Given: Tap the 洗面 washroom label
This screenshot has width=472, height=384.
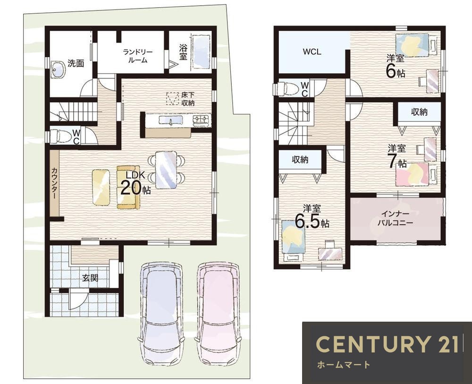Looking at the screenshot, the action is pos(76,64).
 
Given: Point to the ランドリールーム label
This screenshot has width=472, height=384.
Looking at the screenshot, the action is pos(137,56).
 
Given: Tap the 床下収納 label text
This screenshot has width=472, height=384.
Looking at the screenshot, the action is pos(188,99).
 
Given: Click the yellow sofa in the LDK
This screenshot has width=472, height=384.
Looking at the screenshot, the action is pos(129,187).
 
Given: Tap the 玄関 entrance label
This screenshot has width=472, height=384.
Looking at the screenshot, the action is pos(90,278).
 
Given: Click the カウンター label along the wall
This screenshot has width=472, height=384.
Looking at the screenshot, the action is pos(54,183).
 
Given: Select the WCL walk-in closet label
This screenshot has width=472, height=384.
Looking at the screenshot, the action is pos(312,52).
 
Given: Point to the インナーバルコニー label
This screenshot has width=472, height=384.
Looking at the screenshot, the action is pos(395,218).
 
